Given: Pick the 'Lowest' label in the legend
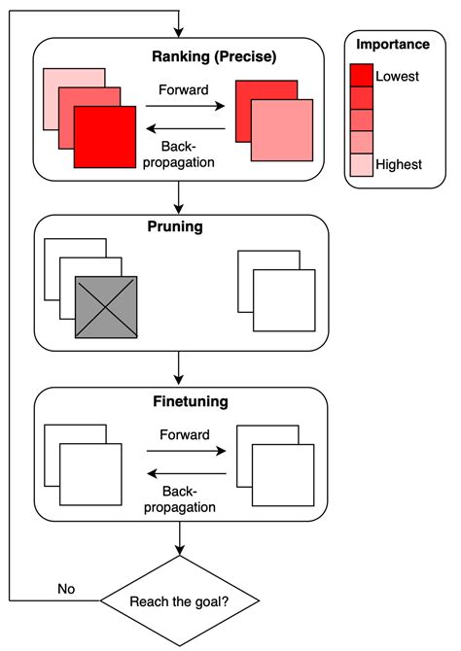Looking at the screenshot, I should (397, 76).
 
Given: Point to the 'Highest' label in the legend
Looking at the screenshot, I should (399, 164).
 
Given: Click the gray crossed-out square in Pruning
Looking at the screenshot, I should (106, 307).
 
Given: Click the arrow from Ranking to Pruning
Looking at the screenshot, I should (180, 197).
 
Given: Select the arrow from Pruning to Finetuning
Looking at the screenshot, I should (180, 368).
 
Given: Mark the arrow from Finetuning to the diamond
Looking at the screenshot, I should (180, 538).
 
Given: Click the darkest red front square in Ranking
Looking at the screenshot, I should (105, 136).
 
